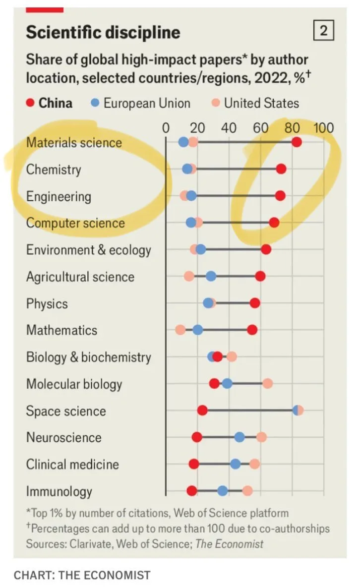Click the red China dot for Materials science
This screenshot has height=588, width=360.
(x=297, y=143)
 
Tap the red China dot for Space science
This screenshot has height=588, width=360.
(x=202, y=411)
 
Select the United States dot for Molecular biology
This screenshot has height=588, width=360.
(x=267, y=384)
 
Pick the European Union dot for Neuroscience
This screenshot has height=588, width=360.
(x=240, y=437)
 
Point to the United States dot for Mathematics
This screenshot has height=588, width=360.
(x=180, y=330)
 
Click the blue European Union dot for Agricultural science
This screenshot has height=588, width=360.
(x=211, y=277)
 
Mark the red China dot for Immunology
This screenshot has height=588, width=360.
(x=192, y=491)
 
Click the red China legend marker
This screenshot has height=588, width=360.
(x=30, y=103)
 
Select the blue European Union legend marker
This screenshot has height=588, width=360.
(x=95, y=103)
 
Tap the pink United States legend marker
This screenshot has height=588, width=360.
(x=216, y=103)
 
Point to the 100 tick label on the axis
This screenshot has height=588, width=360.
(x=323, y=128)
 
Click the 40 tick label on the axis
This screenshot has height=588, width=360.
(x=229, y=128)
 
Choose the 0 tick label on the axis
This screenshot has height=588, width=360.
(x=166, y=128)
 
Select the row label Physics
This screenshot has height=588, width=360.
(x=47, y=303)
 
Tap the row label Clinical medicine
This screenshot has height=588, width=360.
(x=72, y=464)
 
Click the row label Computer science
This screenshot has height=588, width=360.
(x=75, y=223)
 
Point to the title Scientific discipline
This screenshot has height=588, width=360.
(x=103, y=32)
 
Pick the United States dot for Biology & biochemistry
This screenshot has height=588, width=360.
(x=231, y=357)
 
